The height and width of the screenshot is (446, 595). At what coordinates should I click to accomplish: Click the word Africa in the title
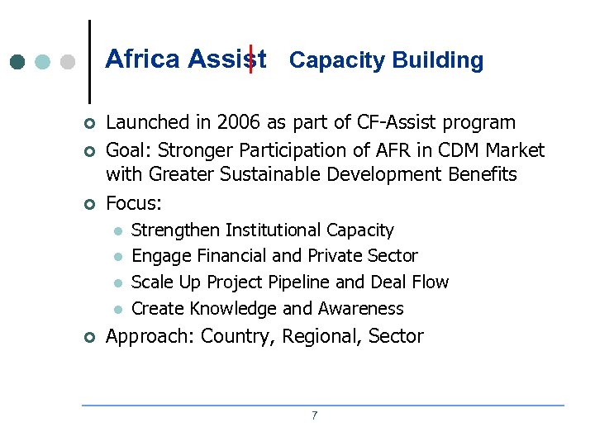(143, 59)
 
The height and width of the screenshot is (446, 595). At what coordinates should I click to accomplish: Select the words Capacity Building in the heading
(386, 60)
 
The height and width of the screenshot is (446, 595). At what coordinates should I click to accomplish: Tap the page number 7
(314, 415)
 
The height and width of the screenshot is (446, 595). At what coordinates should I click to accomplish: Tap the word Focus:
(135, 202)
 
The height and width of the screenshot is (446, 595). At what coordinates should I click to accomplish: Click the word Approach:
(150, 337)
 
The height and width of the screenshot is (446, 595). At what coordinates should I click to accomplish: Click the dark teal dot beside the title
(17, 61)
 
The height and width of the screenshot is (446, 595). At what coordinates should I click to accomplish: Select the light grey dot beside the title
(69, 61)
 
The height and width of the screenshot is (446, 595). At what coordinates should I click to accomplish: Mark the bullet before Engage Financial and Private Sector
(117, 257)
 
